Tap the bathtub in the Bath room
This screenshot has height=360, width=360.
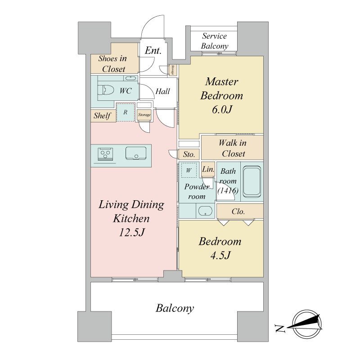click(252, 182)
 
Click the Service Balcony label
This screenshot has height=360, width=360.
click(214, 41)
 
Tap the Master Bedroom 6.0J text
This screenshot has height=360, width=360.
click(221, 95)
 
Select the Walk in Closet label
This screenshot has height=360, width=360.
click(232, 148)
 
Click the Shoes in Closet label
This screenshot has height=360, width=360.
click(112, 64)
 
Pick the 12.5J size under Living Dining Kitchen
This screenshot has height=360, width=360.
click(131, 233)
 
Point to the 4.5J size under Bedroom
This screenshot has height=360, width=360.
click(220, 255)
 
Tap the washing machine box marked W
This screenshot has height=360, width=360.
click(189, 171)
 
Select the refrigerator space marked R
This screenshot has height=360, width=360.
click(125, 112)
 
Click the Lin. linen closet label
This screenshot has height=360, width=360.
click(208, 169)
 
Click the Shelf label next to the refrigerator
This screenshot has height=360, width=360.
click(102, 116)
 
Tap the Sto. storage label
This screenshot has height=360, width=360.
click(189, 154)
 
